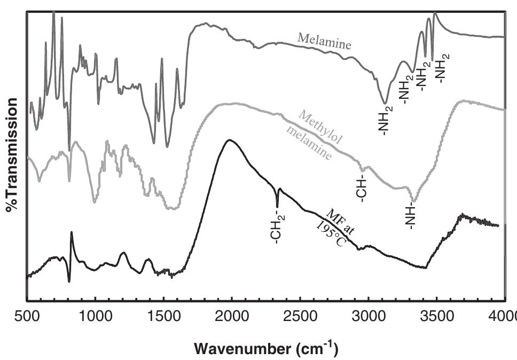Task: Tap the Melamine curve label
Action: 325,41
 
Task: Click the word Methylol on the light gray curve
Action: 321,128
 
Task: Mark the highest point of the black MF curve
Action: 230,140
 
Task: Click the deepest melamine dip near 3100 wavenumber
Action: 385,102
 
